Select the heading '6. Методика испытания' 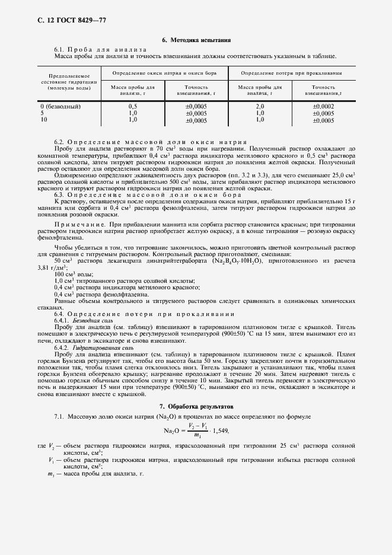pyautogui.click(x=196, y=40)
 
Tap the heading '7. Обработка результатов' pyautogui.click(x=196, y=407)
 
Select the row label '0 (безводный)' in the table pyautogui.click(x=60, y=106)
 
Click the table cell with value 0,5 pyautogui.click(x=133, y=106)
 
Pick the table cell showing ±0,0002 pyautogui.click(x=323, y=106)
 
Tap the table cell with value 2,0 pyautogui.click(x=260, y=106)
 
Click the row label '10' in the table pyautogui.click(x=43, y=119)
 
